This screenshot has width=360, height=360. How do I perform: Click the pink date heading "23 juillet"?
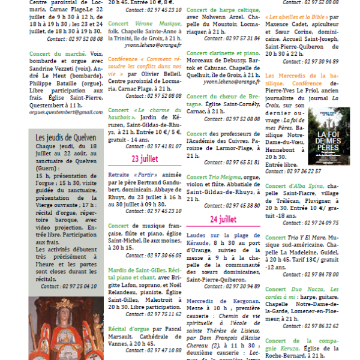(144, 159)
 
